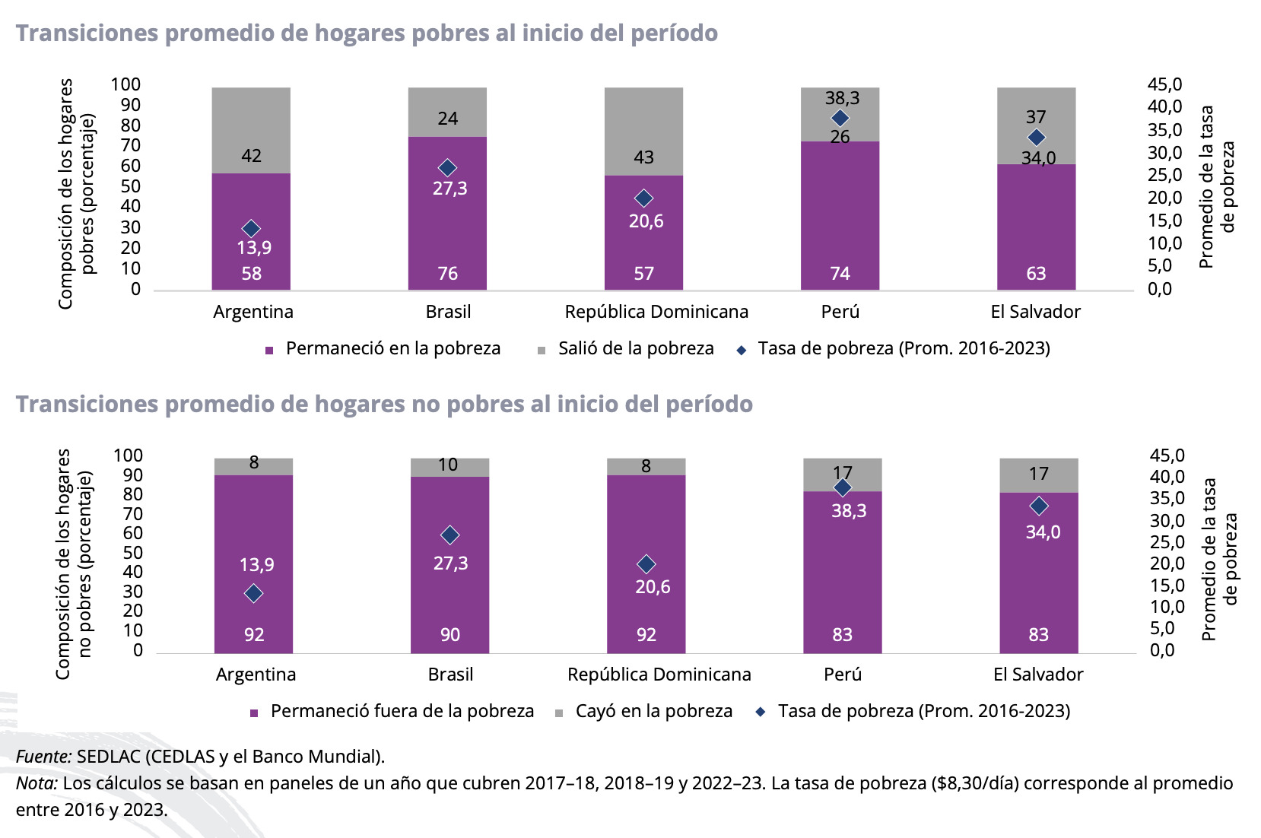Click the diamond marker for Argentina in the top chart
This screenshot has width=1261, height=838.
[251, 228]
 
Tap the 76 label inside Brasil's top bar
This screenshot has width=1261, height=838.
[447, 274]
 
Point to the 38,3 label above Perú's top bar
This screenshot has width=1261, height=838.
[842, 98]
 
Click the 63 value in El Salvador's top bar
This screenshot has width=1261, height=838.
[1036, 274]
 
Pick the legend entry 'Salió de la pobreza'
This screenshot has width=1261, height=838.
[636, 349]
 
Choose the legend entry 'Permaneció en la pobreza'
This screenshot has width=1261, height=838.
[392, 349]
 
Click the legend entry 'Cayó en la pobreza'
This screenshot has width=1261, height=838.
[653, 712]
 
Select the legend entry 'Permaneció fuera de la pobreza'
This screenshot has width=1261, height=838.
[402, 712]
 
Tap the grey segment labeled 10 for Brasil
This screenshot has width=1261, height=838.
[449, 466]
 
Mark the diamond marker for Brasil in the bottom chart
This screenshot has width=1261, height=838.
[449, 535]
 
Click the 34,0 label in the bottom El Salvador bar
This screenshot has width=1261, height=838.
[1043, 532]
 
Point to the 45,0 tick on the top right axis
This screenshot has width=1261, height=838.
[1164, 84]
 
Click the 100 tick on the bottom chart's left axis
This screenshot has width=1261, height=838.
[128, 456]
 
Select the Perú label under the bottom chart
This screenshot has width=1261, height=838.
[843, 675]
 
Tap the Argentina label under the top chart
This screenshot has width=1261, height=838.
[253, 312]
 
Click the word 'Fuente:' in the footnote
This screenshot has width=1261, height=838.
[43, 757]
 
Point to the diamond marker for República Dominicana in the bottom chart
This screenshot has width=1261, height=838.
[646, 564]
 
